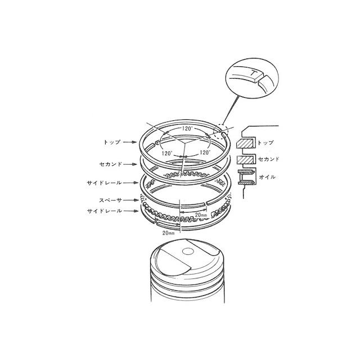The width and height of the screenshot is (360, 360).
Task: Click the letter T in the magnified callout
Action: pyautogui.click(x=253, y=74)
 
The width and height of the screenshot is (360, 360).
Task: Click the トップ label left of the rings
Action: pyautogui.click(x=112, y=142)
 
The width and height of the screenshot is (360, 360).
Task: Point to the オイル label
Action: pyautogui.click(x=267, y=177)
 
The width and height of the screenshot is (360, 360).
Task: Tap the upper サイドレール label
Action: pyautogui.click(x=105, y=183)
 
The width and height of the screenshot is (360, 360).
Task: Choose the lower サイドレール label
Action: pyautogui.click(x=105, y=211)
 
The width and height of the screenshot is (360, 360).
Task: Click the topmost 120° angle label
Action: pyautogui.click(x=187, y=129)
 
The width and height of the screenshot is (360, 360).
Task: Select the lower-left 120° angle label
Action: pyautogui.click(x=167, y=154)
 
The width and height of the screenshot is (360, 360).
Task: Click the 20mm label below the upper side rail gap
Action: pyautogui.click(x=201, y=215)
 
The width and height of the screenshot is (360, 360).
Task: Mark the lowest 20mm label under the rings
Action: pyautogui.click(x=169, y=233)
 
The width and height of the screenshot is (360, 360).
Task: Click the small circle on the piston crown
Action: pyautogui.click(x=187, y=251)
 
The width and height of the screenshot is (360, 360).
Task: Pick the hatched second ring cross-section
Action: pyautogui.click(x=245, y=160)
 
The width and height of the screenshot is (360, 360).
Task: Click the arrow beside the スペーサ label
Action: pyautogui.click(x=132, y=200)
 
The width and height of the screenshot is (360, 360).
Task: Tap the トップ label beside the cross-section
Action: pyautogui.click(x=265, y=143)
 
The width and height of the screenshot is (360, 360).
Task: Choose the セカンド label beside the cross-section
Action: pyautogui.click(x=269, y=159)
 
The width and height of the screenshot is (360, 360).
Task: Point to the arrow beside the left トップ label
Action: pyautogui.click(x=130, y=142)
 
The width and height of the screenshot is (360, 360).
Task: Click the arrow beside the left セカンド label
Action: pyautogui.click(x=130, y=164)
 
